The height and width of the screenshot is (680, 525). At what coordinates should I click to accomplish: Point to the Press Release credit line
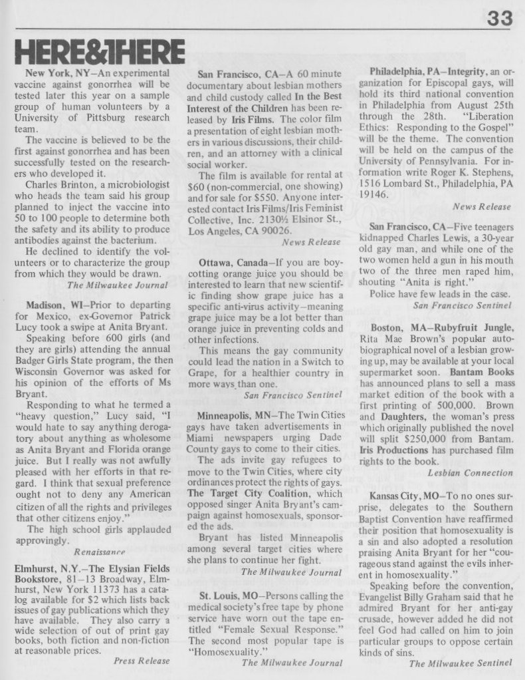click(x=142, y=661)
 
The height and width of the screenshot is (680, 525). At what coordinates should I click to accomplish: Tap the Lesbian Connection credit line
click(x=470, y=472)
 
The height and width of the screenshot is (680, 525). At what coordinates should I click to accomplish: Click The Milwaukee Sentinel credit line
click(x=461, y=663)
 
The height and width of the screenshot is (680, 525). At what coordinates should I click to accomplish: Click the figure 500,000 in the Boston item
click(x=452, y=405)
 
